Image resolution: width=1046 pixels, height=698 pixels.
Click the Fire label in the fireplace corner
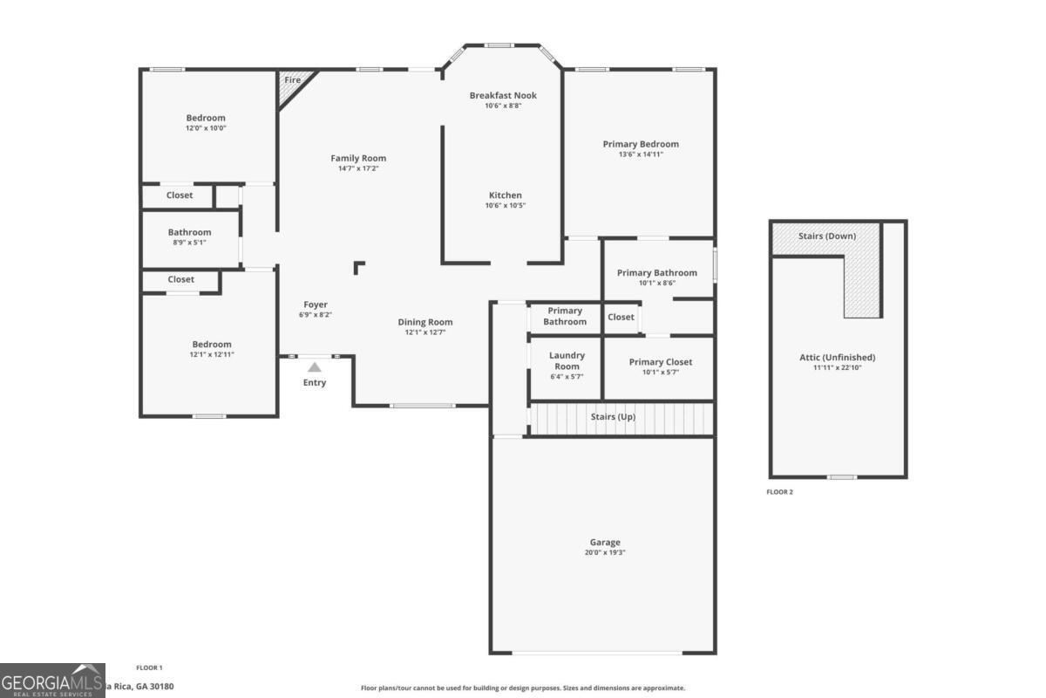click(292, 80)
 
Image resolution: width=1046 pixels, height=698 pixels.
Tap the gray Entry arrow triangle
click(314, 367)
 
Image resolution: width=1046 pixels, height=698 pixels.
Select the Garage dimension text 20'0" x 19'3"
click(605, 552)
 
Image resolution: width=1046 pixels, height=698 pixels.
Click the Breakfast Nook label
click(503, 95)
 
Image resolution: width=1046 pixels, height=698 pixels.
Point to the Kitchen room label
click(505, 195)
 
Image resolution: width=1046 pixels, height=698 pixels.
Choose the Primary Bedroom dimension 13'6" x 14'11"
click(641, 154)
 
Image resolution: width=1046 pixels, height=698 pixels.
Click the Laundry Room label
click(567, 360)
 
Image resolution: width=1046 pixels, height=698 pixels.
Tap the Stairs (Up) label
click(613, 417)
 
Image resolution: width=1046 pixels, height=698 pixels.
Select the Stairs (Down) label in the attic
click(826, 236)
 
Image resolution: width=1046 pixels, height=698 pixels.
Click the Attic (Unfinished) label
click(837, 357)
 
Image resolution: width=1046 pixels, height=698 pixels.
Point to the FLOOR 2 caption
click(779, 492)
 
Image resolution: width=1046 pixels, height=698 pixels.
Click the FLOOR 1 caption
click(149, 667)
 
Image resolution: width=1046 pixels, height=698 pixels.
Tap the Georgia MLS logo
click(52, 681)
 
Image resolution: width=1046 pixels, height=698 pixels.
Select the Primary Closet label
click(660, 362)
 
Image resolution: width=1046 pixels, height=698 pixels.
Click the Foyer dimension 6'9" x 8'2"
click(315, 315)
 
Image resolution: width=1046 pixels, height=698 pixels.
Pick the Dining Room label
click(425, 322)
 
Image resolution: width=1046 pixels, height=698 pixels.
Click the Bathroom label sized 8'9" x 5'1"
click(189, 232)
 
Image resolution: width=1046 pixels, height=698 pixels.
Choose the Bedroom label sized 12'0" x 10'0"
click(206, 118)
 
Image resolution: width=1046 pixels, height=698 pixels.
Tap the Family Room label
click(358, 158)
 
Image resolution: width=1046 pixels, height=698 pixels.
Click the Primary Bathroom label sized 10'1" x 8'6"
click(656, 272)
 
